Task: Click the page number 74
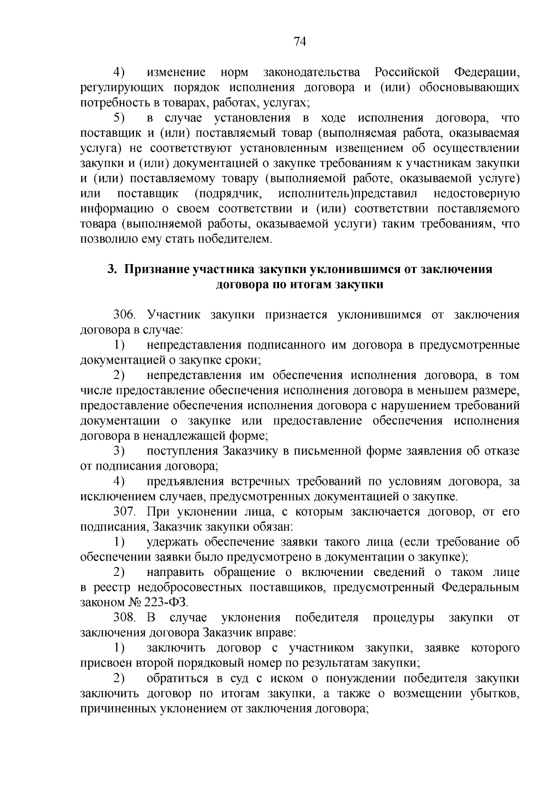(300, 42)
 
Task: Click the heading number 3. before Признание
(112, 269)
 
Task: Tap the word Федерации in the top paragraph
(486, 72)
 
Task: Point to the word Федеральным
(480, 587)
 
